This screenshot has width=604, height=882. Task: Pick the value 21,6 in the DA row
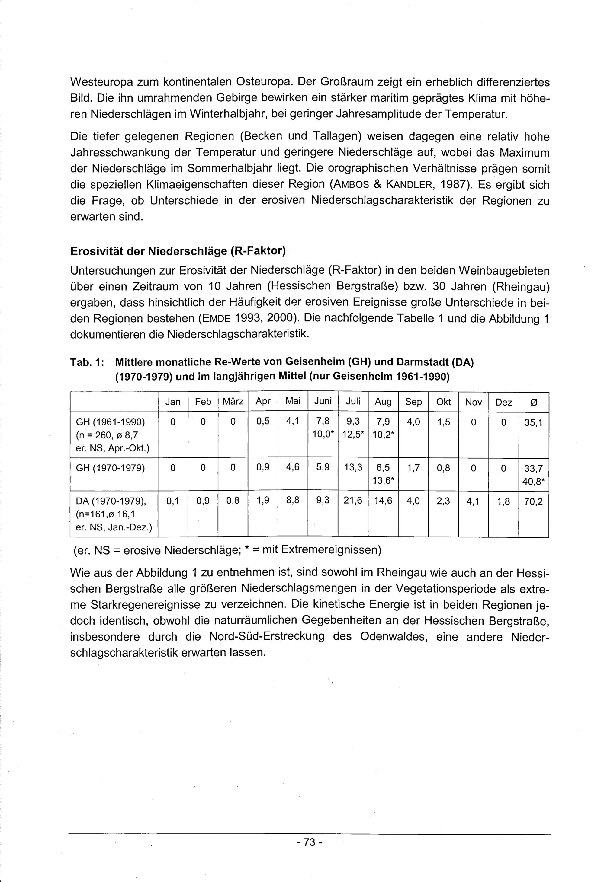353,501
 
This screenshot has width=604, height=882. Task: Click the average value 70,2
533,502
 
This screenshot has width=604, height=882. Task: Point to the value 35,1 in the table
533,422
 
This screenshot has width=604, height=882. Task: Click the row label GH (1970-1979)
110,468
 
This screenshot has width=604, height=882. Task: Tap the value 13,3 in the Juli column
353,468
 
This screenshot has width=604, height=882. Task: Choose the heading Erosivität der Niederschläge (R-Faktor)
178,251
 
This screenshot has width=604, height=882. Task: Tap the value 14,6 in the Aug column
383,501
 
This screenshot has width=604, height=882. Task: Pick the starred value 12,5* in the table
353,433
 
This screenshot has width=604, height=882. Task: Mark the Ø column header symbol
533,402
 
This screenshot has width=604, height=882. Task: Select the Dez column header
503,402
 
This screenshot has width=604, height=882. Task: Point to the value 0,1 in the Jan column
172,501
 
